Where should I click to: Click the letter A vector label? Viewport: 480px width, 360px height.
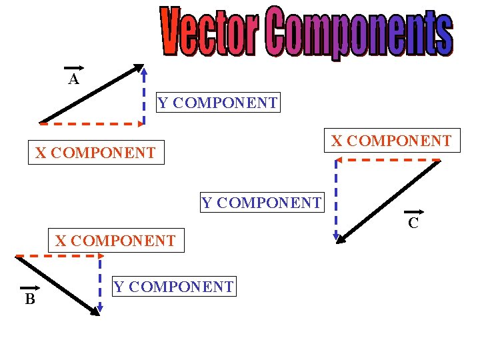tap(73, 79)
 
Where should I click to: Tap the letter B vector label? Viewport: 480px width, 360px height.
tap(30, 299)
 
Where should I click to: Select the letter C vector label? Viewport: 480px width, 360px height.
tap(413, 222)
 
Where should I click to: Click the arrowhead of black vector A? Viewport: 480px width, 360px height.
tap(139, 68)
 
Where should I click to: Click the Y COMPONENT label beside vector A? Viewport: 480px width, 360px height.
tap(217, 103)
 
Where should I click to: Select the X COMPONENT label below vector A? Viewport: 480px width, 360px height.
tap(95, 153)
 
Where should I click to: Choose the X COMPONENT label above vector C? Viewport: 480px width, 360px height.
tap(391, 141)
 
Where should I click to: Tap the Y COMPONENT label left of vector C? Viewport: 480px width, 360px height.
tap(261, 202)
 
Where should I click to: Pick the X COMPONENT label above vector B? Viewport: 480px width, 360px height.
tap(115, 240)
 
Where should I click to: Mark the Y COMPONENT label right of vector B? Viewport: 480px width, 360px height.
tap(173, 287)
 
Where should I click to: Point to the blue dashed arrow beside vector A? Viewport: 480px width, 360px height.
tap(145, 93)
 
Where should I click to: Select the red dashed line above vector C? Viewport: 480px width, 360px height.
tap(388, 160)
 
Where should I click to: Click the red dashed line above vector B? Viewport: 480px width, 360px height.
tap(57, 255)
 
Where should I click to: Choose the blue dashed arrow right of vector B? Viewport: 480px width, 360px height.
tap(100, 283)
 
